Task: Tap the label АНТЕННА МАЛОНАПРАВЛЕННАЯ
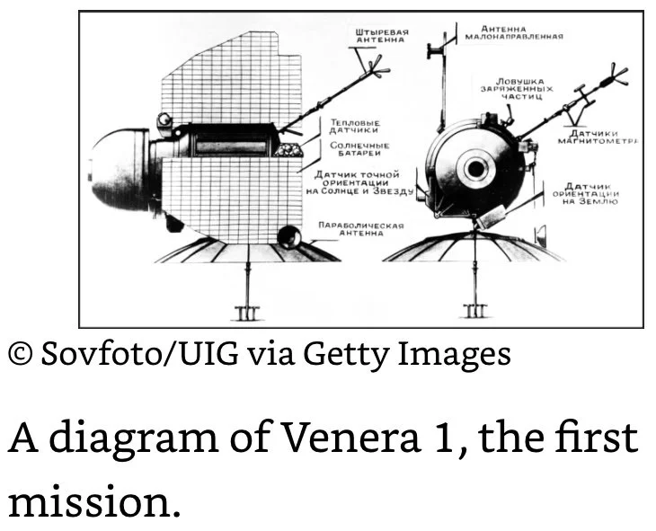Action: point(515,32)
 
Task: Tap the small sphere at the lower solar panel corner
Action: point(290,237)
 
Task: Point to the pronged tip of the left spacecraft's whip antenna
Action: point(376,66)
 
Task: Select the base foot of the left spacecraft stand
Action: point(245,313)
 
